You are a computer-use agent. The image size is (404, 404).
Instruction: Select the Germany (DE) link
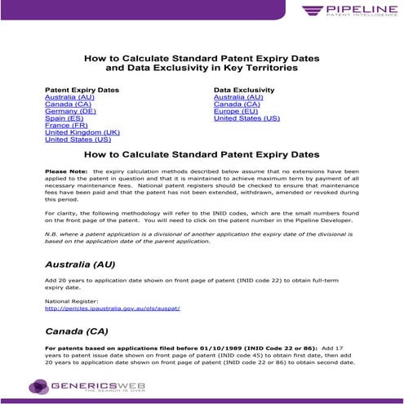click(70, 111)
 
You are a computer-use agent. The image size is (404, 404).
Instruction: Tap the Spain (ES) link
click(64, 118)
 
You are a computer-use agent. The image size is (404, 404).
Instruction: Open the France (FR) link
click(67, 126)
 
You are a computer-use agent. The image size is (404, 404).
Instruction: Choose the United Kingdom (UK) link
click(82, 132)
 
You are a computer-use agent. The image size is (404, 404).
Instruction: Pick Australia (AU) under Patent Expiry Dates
click(69, 97)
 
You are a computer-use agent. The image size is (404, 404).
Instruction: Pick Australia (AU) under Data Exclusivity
click(238, 97)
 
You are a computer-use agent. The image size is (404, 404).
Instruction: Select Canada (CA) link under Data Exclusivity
click(237, 104)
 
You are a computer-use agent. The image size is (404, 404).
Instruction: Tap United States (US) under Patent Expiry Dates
click(78, 140)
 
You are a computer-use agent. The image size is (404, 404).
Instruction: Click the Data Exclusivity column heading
click(246, 90)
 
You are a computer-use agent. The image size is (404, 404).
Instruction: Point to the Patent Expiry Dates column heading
click(82, 90)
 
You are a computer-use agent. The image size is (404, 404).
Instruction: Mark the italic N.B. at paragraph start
click(53, 233)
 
